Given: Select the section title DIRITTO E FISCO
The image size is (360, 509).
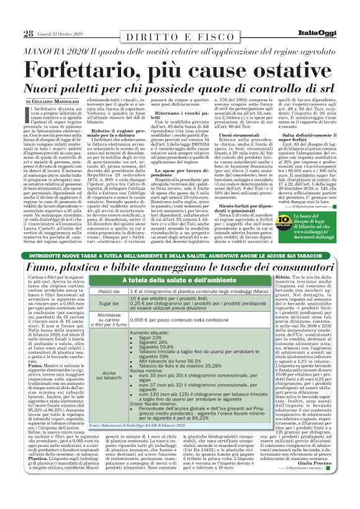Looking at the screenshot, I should [178, 37].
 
